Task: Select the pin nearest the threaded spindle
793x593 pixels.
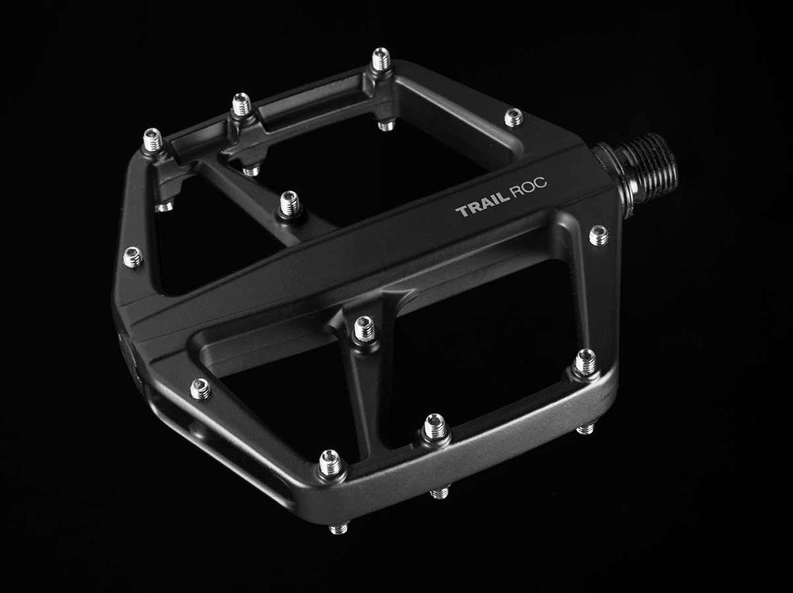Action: (x=599, y=235)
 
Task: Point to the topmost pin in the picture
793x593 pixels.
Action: (x=381, y=59)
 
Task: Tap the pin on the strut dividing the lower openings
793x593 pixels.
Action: (x=364, y=329)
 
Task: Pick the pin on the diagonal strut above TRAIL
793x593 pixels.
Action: (x=289, y=204)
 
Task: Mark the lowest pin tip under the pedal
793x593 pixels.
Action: (x=339, y=528)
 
